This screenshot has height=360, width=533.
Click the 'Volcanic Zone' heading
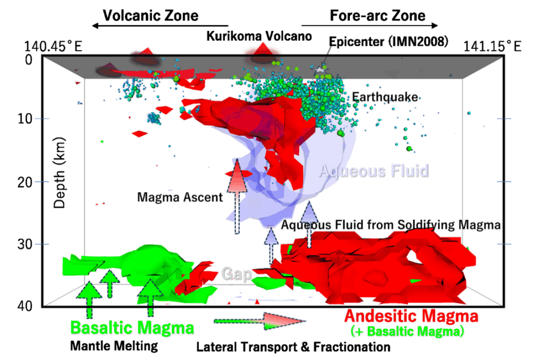150,15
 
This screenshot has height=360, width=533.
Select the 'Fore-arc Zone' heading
377,15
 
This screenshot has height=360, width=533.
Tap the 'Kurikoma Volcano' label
259,36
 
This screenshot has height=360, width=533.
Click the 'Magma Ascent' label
180,198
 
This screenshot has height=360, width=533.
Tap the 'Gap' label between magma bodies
237,274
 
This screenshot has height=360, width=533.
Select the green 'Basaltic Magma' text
132,328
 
